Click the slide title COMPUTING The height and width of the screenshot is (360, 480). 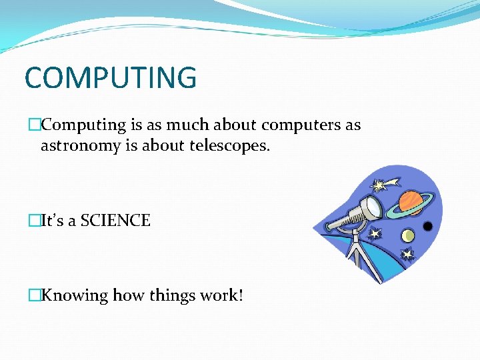[x=111, y=77]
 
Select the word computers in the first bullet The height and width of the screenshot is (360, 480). [x=295, y=125]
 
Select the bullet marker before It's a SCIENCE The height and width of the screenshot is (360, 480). [x=34, y=221]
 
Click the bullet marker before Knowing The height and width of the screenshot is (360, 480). [x=34, y=295]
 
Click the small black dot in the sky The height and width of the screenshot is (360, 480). [x=427, y=227]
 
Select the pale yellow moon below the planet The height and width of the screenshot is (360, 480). [x=408, y=235]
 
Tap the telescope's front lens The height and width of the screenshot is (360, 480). [x=374, y=207]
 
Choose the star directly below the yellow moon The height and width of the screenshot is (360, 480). [x=407, y=255]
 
